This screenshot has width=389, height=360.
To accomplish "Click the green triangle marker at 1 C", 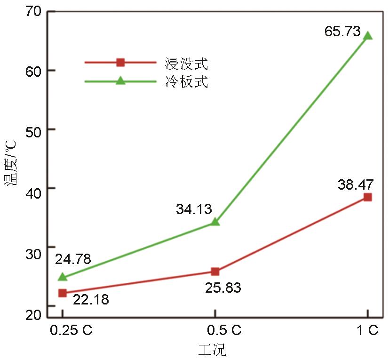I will coord(367,36).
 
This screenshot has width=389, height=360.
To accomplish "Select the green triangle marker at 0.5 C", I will coord(215,221).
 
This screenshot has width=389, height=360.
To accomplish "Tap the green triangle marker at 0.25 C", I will coord(62,277).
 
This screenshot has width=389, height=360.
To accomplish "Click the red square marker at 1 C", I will coord(367,197).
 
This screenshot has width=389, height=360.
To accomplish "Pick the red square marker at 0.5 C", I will coord(215,272).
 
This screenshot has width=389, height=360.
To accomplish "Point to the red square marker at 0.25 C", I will coord(62,293).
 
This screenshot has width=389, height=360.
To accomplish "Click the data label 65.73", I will coord(342,32).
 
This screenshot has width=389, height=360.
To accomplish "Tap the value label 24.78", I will coord(72,259).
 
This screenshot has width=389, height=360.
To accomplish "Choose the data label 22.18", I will coord(90,299).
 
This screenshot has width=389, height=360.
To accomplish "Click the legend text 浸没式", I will coord(186,63).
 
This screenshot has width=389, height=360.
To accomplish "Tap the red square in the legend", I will coord(120,63).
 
